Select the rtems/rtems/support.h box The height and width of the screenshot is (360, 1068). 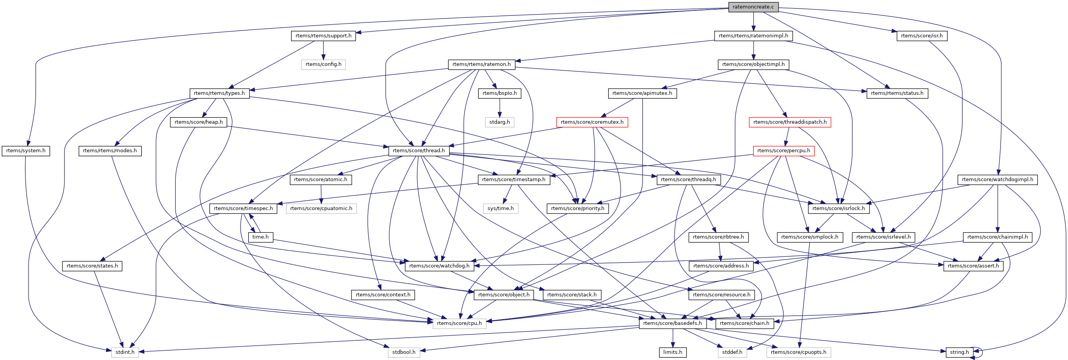pyautogui.click(x=323, y=36)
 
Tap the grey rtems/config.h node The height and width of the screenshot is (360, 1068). pyautogui.click(x=323, y=64)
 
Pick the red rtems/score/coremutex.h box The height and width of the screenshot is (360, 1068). pyautogui.click(x=592, y=122)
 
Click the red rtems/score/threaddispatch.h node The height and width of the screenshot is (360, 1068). pyautogui.click(x=789, y=122)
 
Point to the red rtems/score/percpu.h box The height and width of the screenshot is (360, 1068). pyautogui.click(x=783, y=151)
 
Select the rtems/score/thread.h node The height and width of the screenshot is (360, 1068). pyautogui.click(x=418, y=151)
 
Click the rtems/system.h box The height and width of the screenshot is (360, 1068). pyautogui.click(x=26, y=151)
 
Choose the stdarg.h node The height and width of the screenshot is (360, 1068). pyautogui.click(x=499, y=122)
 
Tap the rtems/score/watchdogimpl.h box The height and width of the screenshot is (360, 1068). pyautogui.click(x=997, y=180)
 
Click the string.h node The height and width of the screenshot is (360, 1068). pyautogui.click(x=959, y=352)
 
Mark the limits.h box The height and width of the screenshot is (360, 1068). pyautogui.click(x=673, y=352)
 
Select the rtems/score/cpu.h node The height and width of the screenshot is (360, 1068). pyautogui.click(x=459, y=323)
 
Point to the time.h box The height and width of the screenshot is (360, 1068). pyautogui.click(x=261, y=237)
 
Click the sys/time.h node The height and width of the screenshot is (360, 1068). pyautogui.click(x=500, y=208)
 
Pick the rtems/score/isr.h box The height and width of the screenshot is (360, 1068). pyautogui.click(x=921, y=36)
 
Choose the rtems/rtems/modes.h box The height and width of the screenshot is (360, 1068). pyautogui.click(x=109, y=151)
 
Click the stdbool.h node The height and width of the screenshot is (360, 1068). pyautogui.click(x=404, y=352)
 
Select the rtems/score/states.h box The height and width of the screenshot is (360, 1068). pyautogui.click(x=92, y=266)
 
